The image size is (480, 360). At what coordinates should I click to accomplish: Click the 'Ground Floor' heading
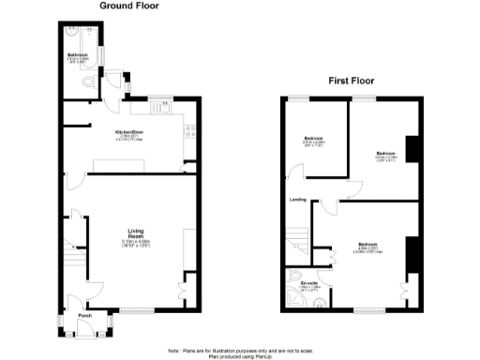127,5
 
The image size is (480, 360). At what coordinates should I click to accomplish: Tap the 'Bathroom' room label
78,55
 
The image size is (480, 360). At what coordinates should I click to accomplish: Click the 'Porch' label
86,316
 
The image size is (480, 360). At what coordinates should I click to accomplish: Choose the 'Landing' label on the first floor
299,199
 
